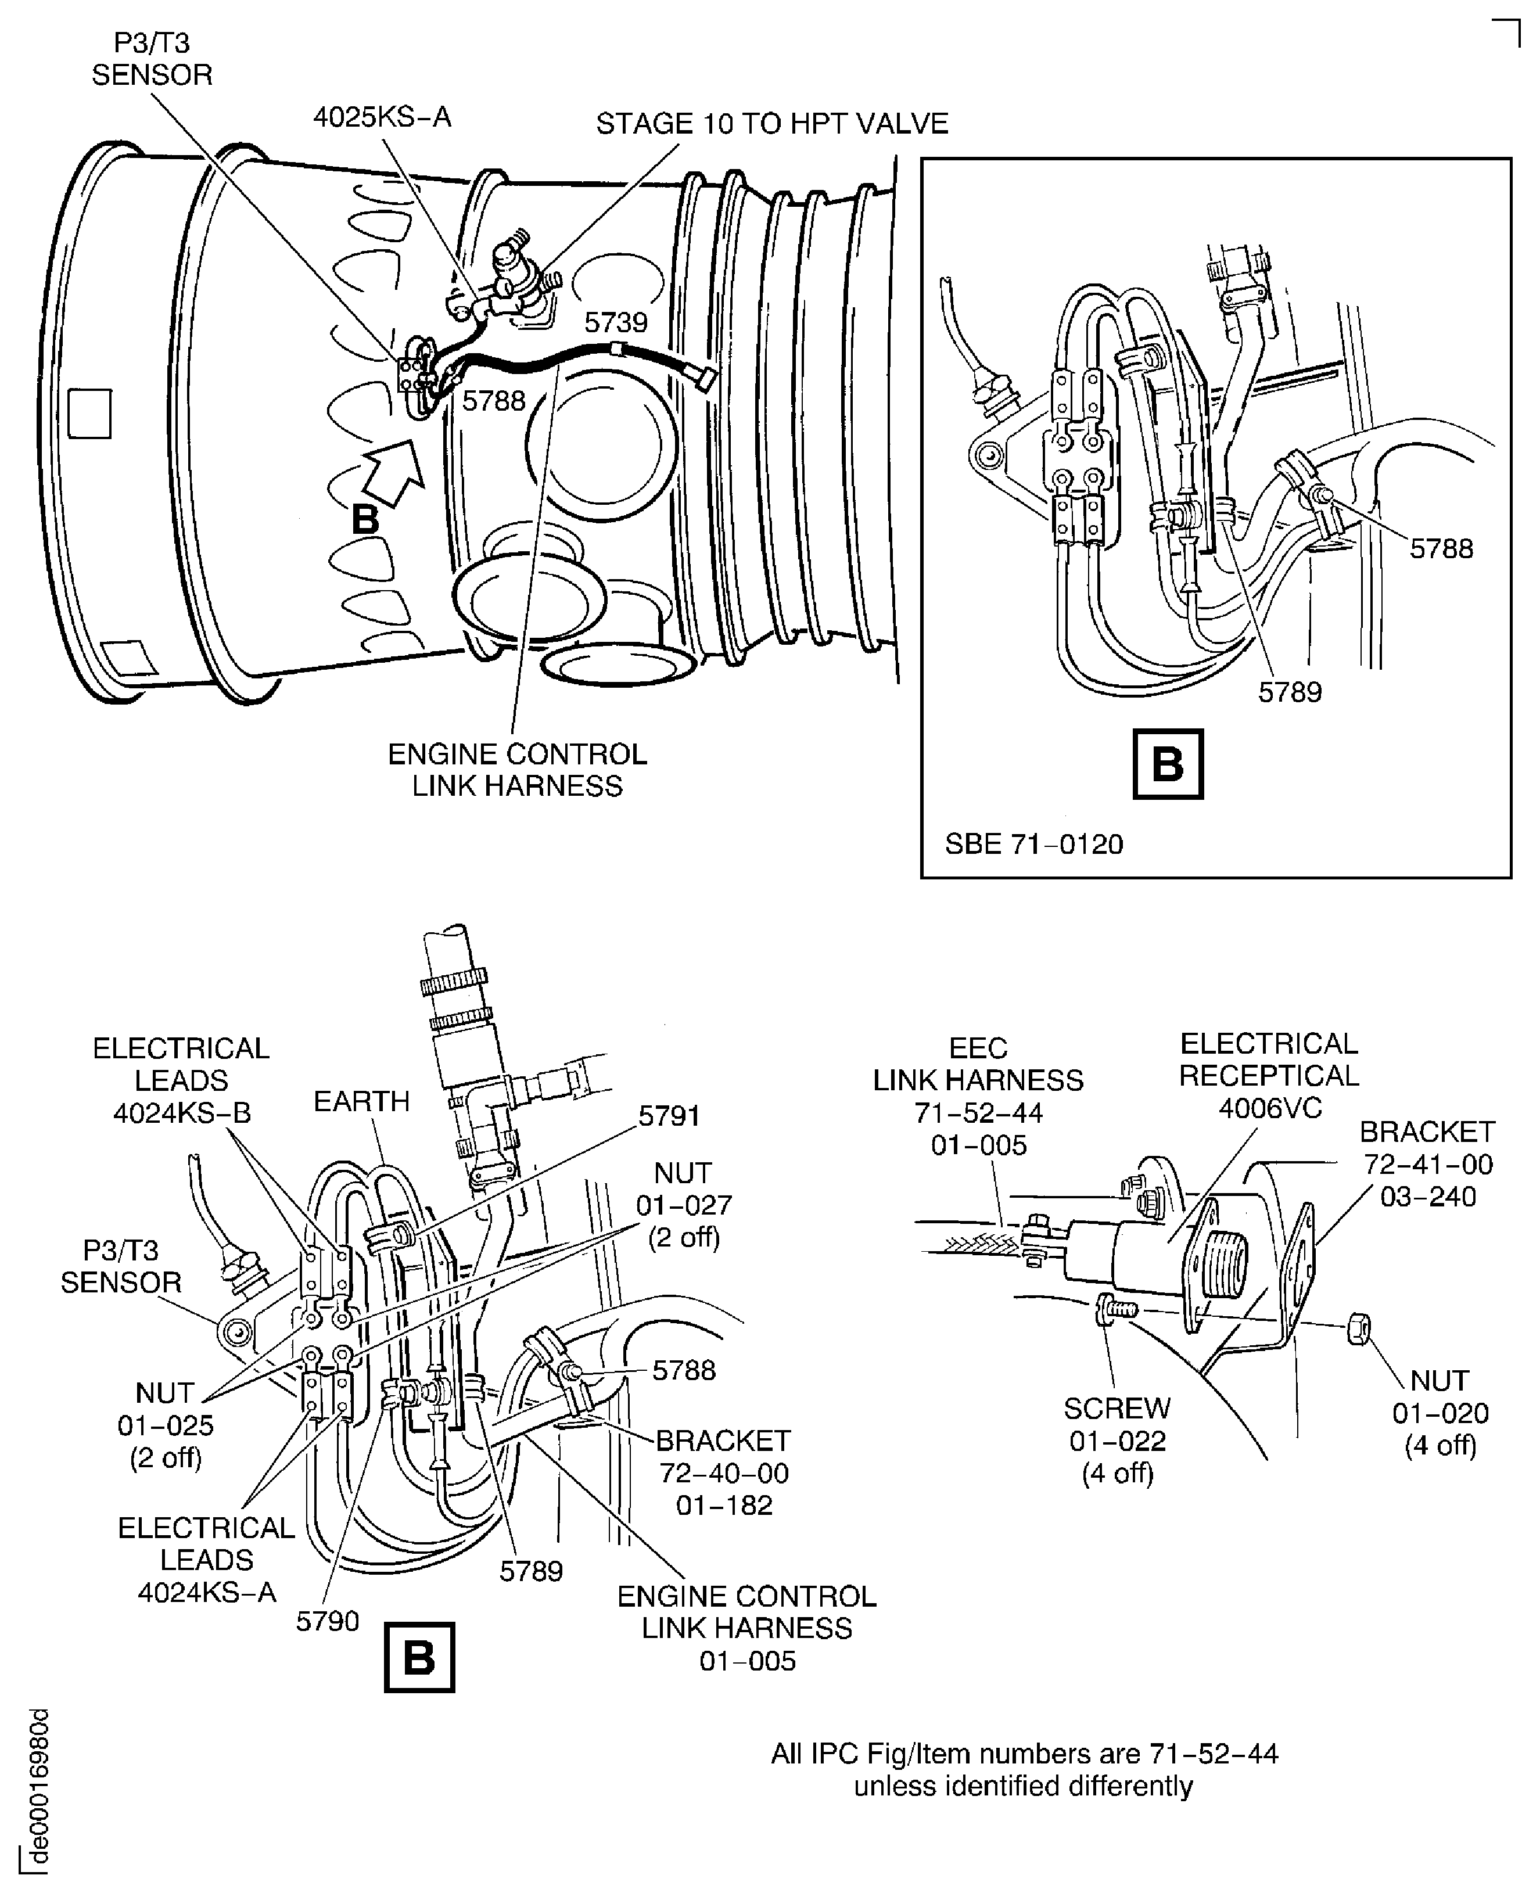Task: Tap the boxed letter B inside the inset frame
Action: pos(1168,764)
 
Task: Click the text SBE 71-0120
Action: pos(1033,843)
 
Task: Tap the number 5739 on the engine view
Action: pos(616,322)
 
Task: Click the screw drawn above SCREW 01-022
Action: pos(1115,1309)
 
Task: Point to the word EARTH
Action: pos(361,1101)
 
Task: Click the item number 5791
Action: pos(669,1116)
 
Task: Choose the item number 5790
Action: pos(327,1621)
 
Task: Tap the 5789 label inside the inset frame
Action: pos(1289,692)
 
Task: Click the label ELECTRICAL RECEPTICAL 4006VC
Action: pos(1269,1075)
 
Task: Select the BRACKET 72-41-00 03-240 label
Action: pos(1427,1164)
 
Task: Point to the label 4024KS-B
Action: pos(181,1080)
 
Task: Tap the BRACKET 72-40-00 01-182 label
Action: pos(723,1472)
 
